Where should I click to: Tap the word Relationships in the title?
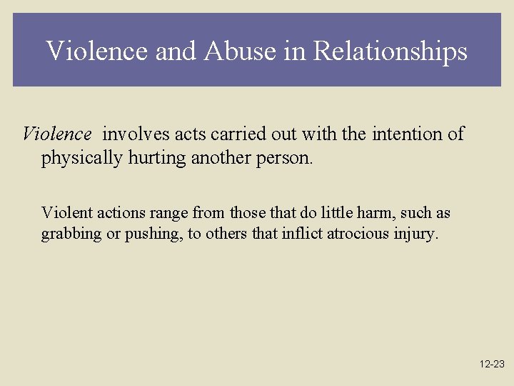tap(390, 51)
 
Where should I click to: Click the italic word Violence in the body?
tap(57, 134)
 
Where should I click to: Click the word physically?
tap(81, 158)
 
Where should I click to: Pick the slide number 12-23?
tap(492, 364)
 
